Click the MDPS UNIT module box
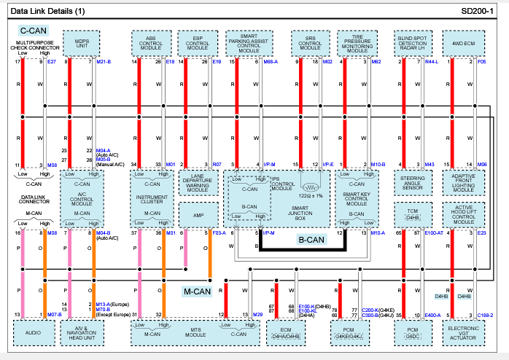coord(82,43)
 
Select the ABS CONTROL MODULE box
coord(150,43)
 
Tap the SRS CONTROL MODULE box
coord(310,43)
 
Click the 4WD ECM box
coord(463,43)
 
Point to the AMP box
coord(198,215)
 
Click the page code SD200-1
coord(478,12)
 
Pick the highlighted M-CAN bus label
coord(197,292)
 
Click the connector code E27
coord(51,62)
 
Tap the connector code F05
coord(481,62)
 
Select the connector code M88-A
coord(270,62)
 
